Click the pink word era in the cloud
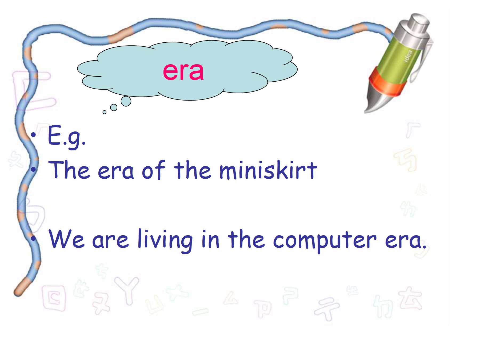(183, 71)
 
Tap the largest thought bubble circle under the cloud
(126, 101)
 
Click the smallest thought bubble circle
(104, 112)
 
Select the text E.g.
(67, 137)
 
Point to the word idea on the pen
(408, 56)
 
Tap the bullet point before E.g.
(33, 135)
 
